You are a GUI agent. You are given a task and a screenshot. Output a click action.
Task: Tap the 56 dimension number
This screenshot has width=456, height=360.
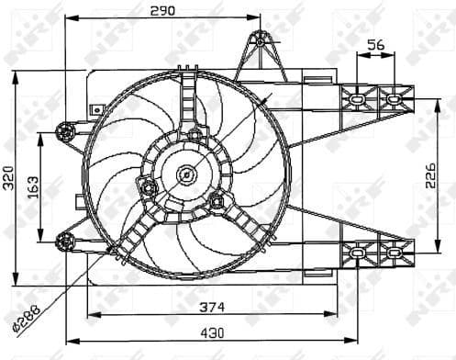point(374,45)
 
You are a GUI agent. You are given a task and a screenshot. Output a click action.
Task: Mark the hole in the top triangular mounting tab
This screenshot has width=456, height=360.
point(260,40)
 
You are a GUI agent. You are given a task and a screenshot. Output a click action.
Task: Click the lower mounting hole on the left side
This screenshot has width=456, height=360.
point(64,242)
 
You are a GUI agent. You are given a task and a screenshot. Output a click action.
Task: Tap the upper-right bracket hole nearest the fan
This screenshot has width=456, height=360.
point(356,97)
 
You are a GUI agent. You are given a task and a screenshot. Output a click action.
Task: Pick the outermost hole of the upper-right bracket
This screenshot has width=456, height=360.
point(394,97)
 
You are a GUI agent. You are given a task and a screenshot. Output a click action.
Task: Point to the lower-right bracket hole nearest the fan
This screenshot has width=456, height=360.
point(356,251)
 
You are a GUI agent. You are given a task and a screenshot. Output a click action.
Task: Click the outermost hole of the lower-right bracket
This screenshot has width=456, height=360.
point(394,251)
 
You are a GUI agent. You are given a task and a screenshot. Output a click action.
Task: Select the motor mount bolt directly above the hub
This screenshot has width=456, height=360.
point(195,136)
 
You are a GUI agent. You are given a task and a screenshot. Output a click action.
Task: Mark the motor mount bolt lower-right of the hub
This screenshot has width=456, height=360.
point(217,200)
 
